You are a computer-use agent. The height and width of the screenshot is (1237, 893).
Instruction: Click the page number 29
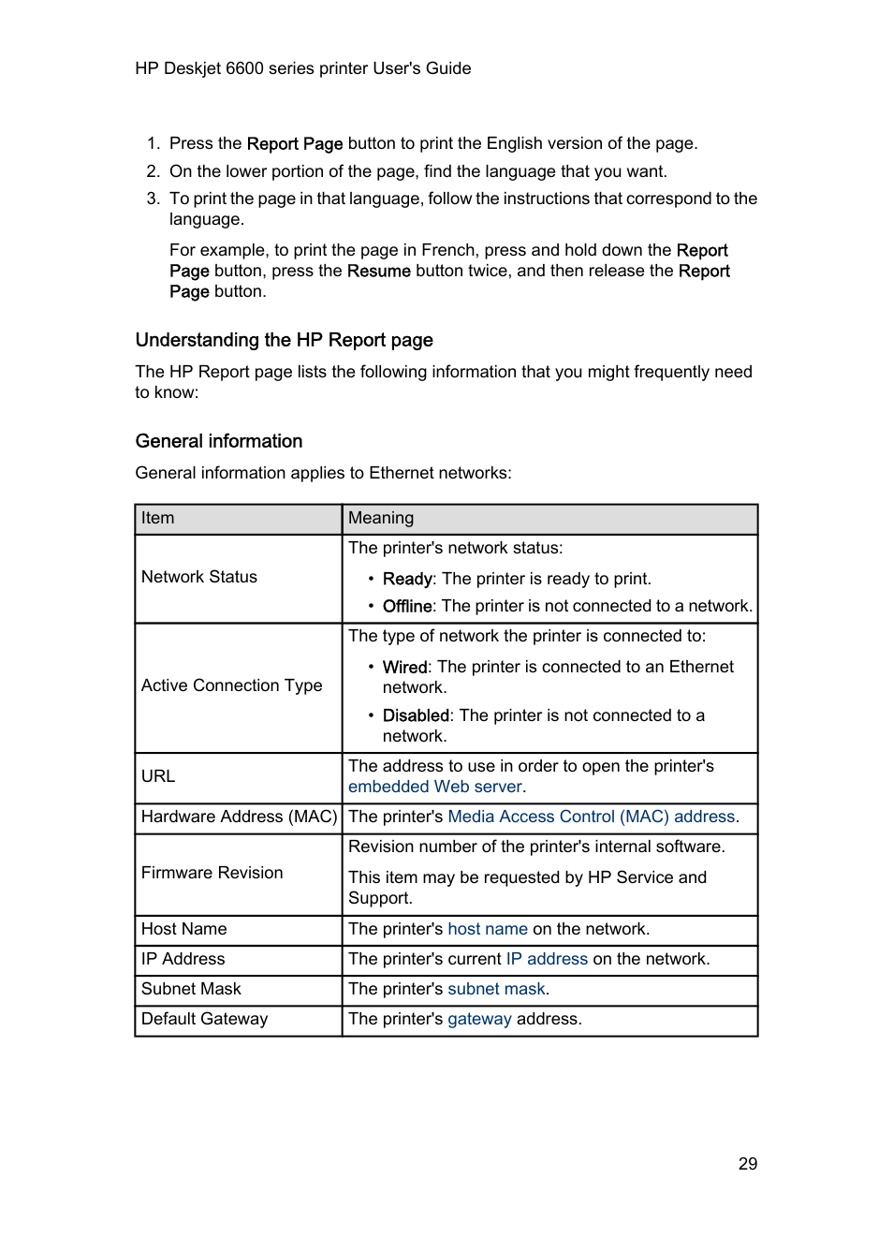tap(747, 1163)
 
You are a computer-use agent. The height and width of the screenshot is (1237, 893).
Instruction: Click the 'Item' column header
tap(158, 518)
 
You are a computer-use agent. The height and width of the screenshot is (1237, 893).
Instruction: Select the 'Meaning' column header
tap(380, 518)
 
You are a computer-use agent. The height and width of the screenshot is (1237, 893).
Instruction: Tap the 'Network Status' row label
tap(198, 577)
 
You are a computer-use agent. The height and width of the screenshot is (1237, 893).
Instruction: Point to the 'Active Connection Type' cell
tap(231, 685)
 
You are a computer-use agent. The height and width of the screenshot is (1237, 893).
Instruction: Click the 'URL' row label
tap(158, 776)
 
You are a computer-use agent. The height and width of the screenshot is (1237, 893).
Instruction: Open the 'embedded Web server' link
tap(434, 787)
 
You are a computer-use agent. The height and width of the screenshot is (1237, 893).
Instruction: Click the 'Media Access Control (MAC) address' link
tap(591, 817)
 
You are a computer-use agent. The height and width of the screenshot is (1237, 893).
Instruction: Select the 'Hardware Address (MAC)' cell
tap(239, 817)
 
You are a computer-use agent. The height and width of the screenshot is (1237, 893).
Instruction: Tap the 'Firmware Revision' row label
tap(212, 873)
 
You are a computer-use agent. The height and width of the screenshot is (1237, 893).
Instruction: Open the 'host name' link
tap(487, 929)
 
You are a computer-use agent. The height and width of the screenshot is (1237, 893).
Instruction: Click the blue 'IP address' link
tap(547, 959)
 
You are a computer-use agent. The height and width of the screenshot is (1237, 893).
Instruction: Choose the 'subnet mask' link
tap(496, 989)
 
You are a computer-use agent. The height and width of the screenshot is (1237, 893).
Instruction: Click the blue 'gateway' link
tap(479, 1019)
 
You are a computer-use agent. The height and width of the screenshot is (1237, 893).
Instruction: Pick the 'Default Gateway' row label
tap(204, 1019)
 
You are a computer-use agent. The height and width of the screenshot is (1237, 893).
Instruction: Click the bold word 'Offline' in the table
tap(407, 606)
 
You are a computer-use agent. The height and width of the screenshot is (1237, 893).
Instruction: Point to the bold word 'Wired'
tap(404, 667)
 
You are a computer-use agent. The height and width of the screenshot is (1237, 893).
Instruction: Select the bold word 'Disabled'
tap(416, 715)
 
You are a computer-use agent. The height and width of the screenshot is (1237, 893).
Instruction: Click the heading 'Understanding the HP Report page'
tap(284, 340)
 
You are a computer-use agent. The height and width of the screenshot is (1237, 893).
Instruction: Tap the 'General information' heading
tap(219, 441)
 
